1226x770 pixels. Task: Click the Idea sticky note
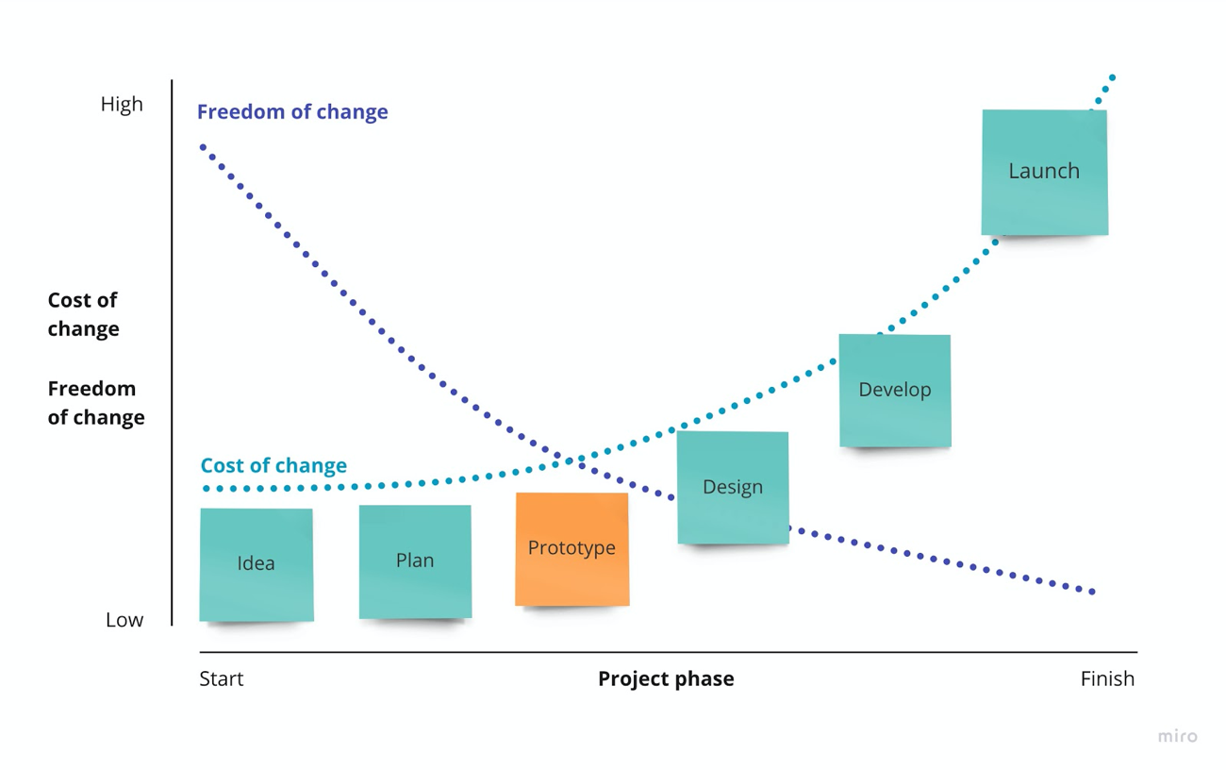[x=257, y=564]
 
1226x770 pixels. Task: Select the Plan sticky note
[x=415, y=561]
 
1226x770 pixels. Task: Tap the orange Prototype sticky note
[x=572, y=549]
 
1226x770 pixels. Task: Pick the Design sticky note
[x=733, y=488]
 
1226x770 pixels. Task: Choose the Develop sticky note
[x=895, y=391]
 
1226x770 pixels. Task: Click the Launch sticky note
[x=1045, y=173]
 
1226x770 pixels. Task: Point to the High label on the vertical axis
[x=122, y=104]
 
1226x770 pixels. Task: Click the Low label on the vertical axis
[x=124, y=620]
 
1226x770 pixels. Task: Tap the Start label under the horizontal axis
[x=221, y=678]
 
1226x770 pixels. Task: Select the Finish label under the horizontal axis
[x=1107, y=678]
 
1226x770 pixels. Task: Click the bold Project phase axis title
[x=666, y=679]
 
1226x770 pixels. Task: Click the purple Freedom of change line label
[x=292, y=111]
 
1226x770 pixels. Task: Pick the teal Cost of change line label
[x=273, y=465]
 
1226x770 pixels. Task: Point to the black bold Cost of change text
[x=83, y=314]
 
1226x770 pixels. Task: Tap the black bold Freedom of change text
[x=96, y=403]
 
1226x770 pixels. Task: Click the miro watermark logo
[x=1178, y=736]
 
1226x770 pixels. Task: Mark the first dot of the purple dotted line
[x=203, y=147]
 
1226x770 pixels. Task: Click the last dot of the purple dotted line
[x=1092, y=592]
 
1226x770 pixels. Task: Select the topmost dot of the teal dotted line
[x=1113, y=77]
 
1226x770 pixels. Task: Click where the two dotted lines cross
[x=568, y=460]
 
